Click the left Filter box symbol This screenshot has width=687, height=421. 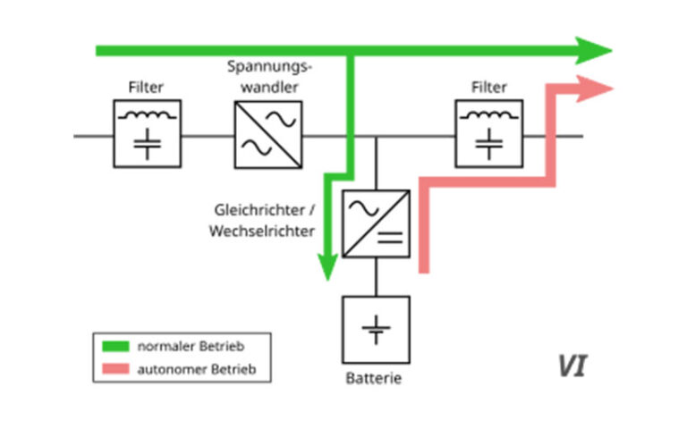pyautogui.click(x=147, y=133)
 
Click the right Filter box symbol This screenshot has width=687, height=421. pyautogui.click(x=488, y=133)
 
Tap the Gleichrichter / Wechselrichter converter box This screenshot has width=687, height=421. pyautogui.click(x=376, y=223)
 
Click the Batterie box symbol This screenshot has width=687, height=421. pyautogui.click(x=376, y=328)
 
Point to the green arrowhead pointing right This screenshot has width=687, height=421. pyautogui.click(x=592, y=51)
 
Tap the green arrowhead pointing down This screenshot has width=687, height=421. pyautogui.click(x=328, y=265)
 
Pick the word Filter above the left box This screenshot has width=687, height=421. pyautogui.click(x=147, y=88)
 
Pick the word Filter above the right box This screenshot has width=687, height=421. pyautogui.click(x=488, y=88)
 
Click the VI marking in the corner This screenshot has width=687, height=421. pyautogui.click(x=572, y=366)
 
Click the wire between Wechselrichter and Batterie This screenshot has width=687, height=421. pyautogui.click(x=376, y=276)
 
